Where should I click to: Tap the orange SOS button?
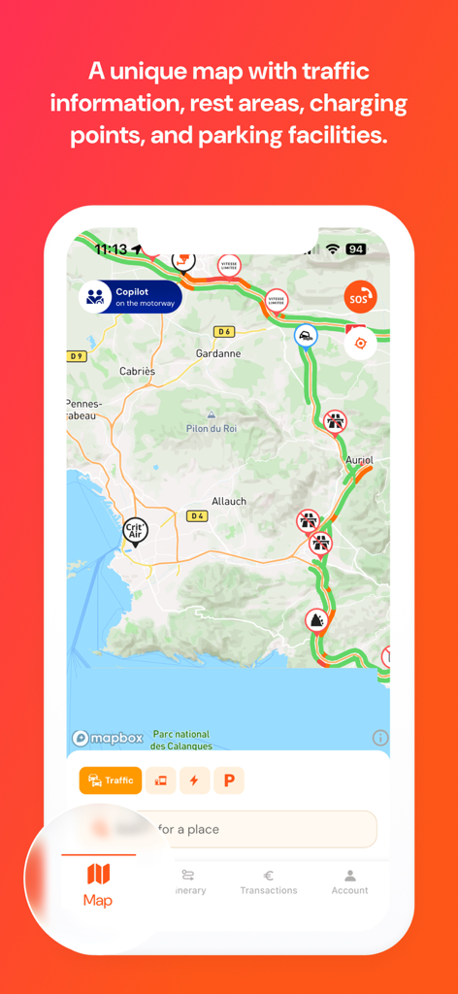(x=360, y=296)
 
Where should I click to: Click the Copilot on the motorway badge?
(x=130, y=297)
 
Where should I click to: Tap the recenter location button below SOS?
(x=361, y=343)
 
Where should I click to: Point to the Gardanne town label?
(x=217, y=353)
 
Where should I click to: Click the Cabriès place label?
(x=137, y=371)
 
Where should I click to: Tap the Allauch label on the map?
(x=229, y=501)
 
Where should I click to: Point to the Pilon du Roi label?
(x=211, y=428)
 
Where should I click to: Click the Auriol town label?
(x=359, y=459)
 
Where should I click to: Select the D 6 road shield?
(x=225, y=331)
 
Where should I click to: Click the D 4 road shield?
(x=197, y=515)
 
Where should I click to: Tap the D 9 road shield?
(x=77, y=356)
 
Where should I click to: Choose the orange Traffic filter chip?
(x=111, y=780)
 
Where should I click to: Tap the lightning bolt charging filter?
(x=194, y=780)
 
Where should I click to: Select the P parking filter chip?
(x=230, y=780)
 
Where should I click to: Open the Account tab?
(x=349, y=881)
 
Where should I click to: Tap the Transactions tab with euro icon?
(x=269, y=881)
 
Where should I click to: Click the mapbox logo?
(x=108, y=739)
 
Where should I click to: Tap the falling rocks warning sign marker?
(x=316, y=620)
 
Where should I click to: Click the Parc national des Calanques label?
(x=180, y=740)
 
